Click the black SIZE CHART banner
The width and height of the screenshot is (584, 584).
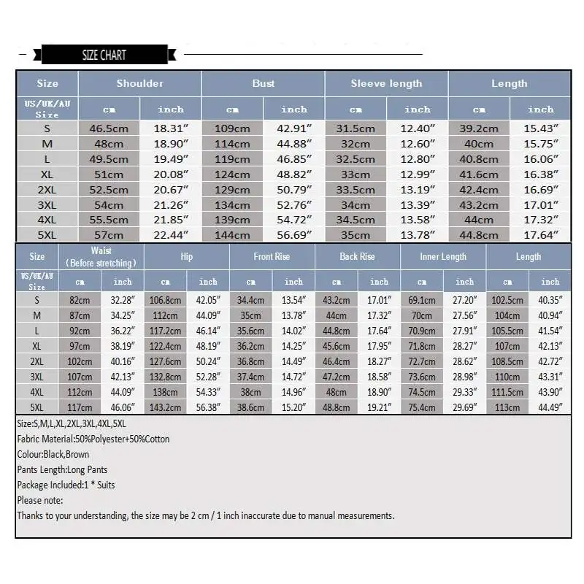point(104,55)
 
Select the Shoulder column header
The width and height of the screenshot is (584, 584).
point(139,83)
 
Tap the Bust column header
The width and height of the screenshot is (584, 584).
point(263,83)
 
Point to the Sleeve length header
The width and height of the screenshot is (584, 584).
point(386,83)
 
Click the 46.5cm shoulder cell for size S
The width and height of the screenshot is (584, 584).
point(109,128)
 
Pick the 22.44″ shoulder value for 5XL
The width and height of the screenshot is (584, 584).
point(171,235)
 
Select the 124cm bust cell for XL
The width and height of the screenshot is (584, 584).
point(232,174)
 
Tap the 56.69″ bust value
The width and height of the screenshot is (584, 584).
point(294,235)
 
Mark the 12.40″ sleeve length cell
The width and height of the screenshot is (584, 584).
point(418,128)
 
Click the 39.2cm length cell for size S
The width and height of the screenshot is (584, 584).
point(479,128)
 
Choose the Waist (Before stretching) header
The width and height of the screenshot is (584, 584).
point(101,256)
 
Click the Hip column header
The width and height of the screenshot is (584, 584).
point(187,256)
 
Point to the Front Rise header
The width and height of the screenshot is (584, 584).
point(272,256)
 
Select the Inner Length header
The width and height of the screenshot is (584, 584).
point(443,256)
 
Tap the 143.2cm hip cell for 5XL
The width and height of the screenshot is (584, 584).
point(166,407)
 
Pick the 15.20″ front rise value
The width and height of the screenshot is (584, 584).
point(293,407)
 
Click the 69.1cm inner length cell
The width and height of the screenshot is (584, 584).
point(422,300)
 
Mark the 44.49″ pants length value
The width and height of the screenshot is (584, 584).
point(550,407)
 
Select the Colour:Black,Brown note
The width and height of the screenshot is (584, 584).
point(53,454)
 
